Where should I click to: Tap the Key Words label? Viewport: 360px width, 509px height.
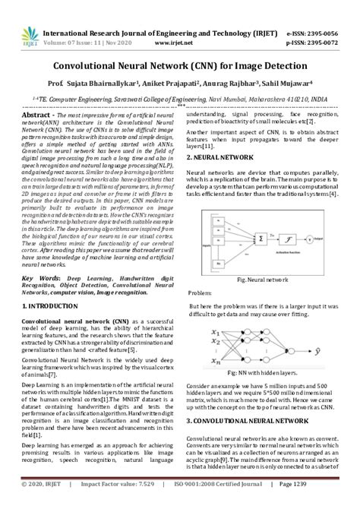pos(40,278)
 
